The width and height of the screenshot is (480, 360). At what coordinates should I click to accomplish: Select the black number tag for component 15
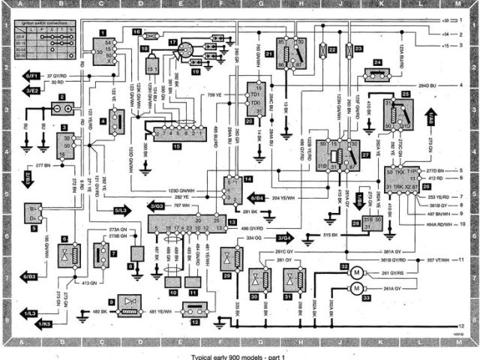[175, 147]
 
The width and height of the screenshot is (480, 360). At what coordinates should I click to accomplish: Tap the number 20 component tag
[249, 121]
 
